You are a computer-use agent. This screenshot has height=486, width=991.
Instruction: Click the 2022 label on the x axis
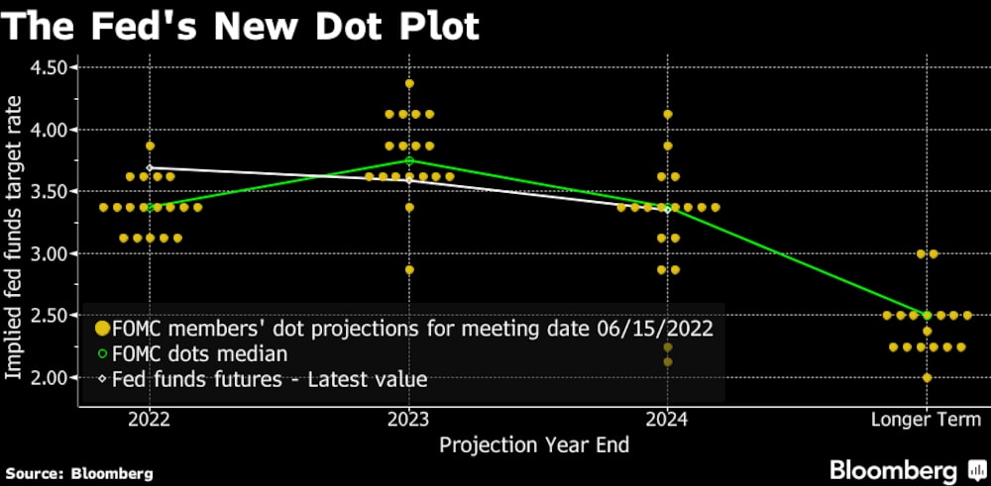150,420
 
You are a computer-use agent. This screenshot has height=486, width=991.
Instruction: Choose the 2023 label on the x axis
409,420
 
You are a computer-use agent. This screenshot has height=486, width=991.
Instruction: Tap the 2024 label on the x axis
668,420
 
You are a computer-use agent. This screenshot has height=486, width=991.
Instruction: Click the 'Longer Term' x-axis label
927,420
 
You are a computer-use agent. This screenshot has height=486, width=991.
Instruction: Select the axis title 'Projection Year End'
534,445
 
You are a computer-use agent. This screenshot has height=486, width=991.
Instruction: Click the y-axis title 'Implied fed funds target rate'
16,223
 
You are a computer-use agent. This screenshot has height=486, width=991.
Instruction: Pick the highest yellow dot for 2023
409,83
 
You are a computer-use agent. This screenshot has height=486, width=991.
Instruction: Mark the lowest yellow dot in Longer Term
927,377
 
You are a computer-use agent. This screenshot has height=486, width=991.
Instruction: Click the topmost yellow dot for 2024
668,114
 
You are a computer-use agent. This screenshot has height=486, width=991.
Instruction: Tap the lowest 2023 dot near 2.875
409,269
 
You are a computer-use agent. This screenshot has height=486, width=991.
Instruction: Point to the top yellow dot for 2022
150,146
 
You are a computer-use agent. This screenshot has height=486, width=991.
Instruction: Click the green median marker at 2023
409,160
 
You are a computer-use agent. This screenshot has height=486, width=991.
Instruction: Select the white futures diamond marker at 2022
150,168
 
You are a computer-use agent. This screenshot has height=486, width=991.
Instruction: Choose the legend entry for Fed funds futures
268,378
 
